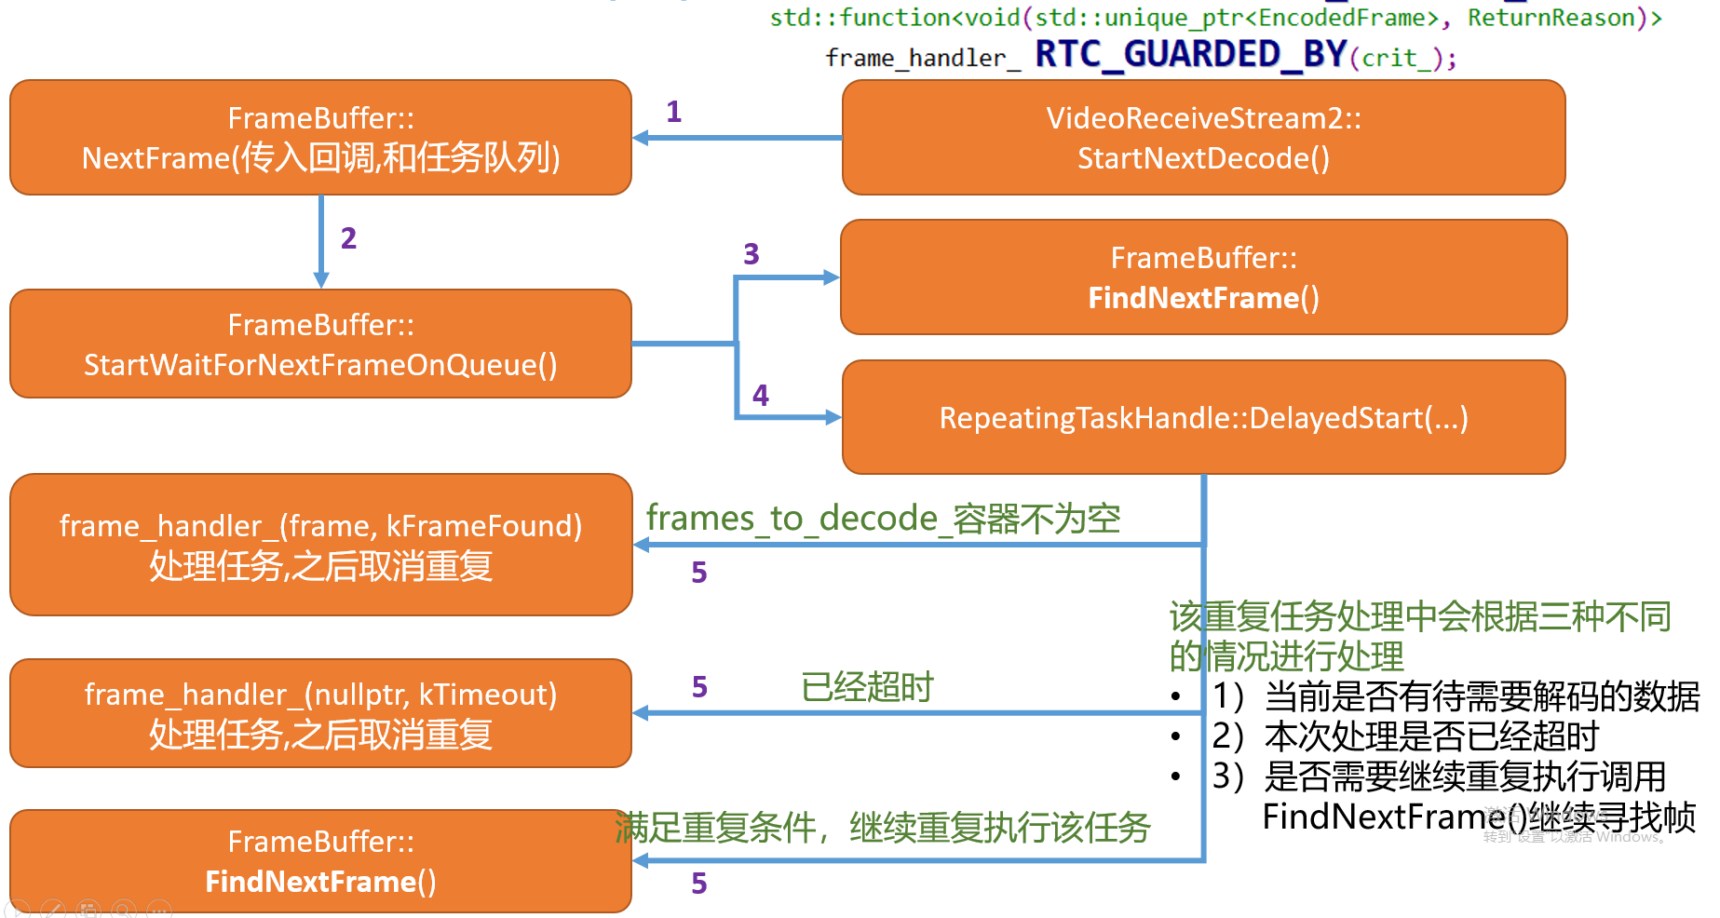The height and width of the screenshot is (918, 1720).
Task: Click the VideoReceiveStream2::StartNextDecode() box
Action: coord(1203,138)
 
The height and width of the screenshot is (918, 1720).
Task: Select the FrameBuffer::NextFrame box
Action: coord(320,138)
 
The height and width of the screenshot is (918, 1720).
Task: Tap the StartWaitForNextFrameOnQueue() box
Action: coord(320,344)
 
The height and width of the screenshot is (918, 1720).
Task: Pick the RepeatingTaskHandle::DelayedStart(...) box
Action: coord(1203,418)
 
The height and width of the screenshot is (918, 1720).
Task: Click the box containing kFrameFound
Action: coord(320,546)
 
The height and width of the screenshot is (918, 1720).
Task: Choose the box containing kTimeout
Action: coord(320,714)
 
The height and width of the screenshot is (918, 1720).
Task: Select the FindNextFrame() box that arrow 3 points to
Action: coord(1203,277)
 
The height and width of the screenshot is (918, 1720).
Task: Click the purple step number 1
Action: coord(674,112)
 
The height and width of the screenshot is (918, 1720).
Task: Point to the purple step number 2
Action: coord(348,238)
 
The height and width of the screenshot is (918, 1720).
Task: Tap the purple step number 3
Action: coord(752,254)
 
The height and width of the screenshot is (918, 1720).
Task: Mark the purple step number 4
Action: coord(761,396)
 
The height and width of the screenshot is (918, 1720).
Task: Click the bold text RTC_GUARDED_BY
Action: coord(1191,55)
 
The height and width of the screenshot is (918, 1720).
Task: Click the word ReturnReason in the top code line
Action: coord(1551,18)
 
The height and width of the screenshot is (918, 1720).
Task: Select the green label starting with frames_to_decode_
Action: coord(883,519)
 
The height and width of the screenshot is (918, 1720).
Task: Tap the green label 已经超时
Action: coord(867,687)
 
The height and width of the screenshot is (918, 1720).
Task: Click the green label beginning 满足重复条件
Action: coord(883,828)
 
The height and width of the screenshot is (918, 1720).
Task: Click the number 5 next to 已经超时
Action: coord(699,687)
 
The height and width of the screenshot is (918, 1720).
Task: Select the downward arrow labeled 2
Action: coord(321,242)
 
